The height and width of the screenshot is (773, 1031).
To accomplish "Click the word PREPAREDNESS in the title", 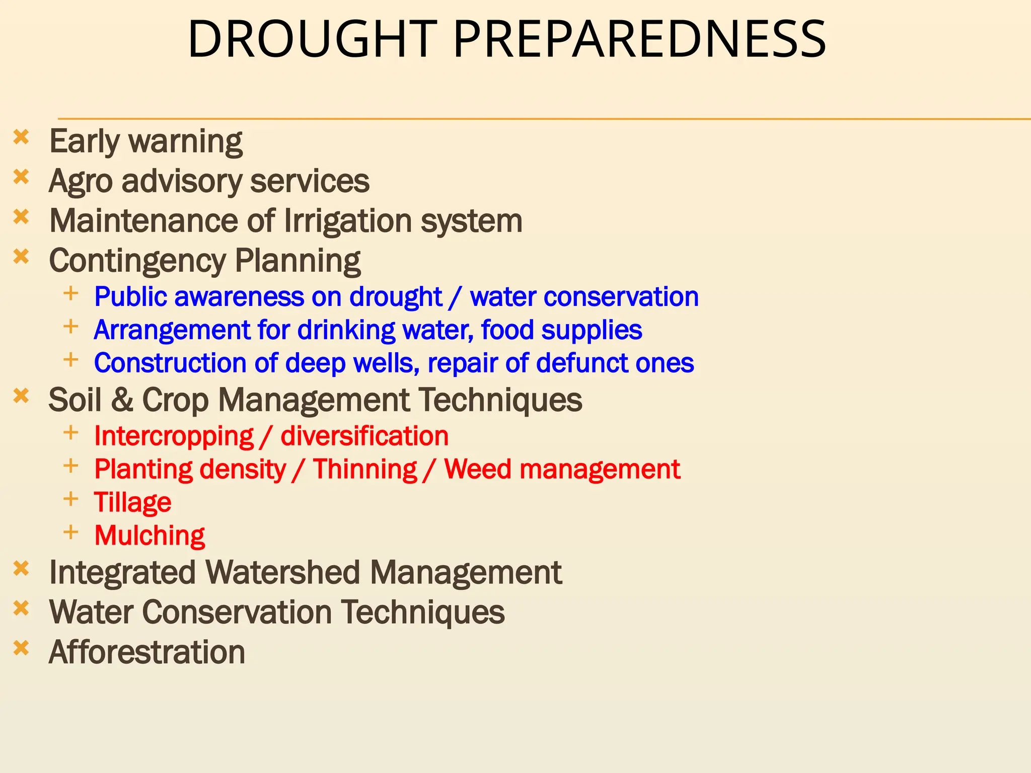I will click(639, 39).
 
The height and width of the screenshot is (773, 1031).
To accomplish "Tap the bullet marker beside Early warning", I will click(21, 137).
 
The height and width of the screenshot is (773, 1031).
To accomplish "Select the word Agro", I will click(81, 181).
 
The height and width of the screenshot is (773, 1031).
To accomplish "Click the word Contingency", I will click(137, 262).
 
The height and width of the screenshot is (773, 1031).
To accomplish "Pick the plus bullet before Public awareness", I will click(71, 293).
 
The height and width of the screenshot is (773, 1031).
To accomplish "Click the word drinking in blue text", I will click(346, 330).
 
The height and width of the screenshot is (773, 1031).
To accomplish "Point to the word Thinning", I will click(365, 470).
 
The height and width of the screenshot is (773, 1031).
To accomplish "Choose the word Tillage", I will click(133, 503).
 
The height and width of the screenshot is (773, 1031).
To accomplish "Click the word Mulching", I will click(150, 535).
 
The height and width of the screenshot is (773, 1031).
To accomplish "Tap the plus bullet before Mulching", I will click(71, 532).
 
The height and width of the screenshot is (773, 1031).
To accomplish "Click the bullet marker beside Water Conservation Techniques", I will click(21, 609).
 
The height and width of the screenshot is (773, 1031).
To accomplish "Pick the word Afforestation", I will click(147, 652).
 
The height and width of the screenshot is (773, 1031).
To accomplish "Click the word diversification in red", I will click(364, 436).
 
